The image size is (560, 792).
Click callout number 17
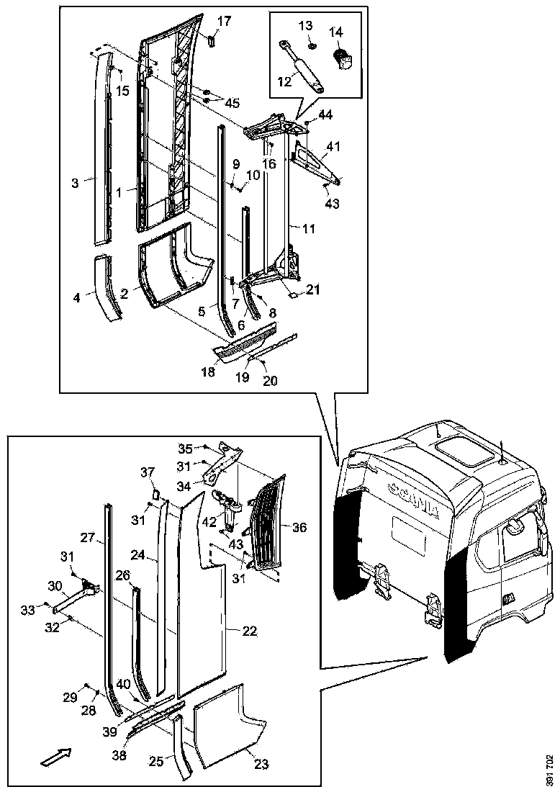coord(225,22)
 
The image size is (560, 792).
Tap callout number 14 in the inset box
coord(337,32)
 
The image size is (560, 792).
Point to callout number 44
coord(325,115)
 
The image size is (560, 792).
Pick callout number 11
coord(308,229)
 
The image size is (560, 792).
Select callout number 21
coord(312,289)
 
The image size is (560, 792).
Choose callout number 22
coord(249,631)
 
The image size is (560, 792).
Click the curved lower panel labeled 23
coord(223,727)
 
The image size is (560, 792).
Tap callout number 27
coord(87,537)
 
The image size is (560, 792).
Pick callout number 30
coord(55,585)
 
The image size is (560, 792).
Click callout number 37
coord(148,472)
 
